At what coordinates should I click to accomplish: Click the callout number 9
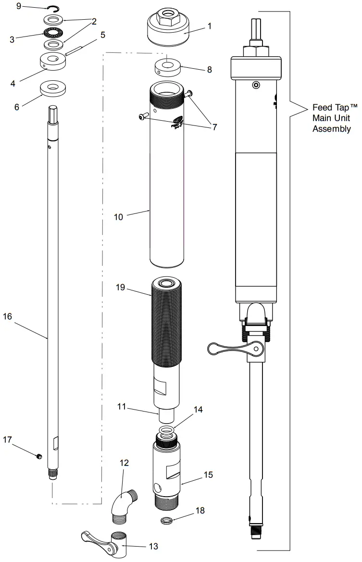[x=19, y=6]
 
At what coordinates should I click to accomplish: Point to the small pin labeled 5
[x=75, y=50]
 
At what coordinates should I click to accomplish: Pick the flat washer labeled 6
[x=53, y=89]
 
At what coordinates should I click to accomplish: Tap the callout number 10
[x=118, y=217]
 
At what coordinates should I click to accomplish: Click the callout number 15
[x=208, y=475]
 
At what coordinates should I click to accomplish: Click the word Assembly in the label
[x=332, y=129]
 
